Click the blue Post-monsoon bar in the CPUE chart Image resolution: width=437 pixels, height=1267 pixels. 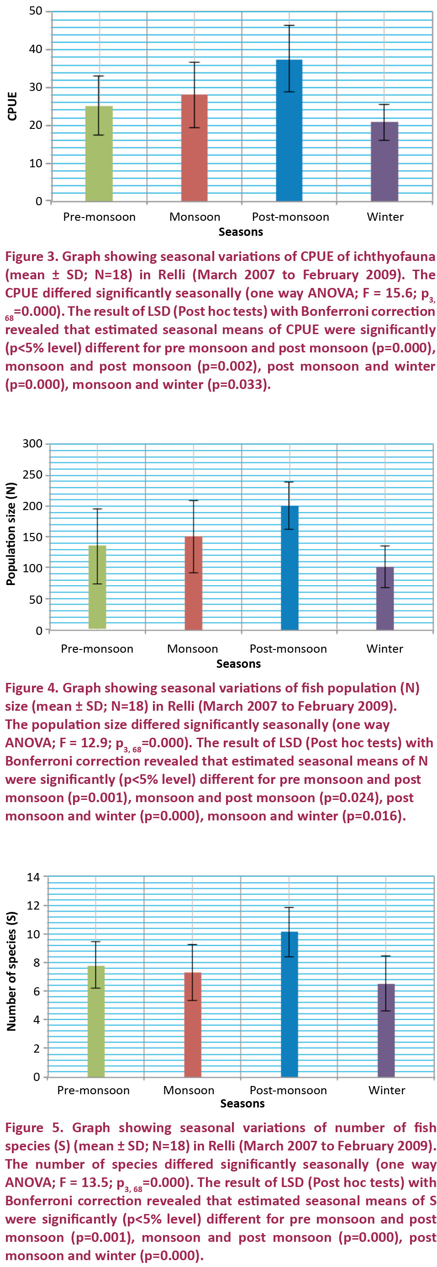(x=289, y=148)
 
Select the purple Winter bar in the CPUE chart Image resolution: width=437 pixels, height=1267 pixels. (x=384, y=167)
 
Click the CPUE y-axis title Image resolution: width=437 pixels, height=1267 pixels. (x=12, y=106)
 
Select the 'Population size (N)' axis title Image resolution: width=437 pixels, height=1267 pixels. (x=11, y=534)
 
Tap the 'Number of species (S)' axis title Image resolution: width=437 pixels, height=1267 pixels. (x=11, y=971)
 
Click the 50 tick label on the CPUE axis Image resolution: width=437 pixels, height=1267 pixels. (x=36, y=11)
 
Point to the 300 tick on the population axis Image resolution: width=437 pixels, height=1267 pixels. (x=32, y=444)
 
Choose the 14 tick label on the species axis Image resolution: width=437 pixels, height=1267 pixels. (x=33, y=878)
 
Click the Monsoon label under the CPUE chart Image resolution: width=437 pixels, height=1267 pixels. (x=195, y=217)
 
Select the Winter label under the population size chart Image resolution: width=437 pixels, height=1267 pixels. (x=384, y=649)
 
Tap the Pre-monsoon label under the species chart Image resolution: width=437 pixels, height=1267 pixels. (x=94, y=1091)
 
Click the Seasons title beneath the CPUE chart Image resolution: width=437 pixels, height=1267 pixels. (x=240, y=232)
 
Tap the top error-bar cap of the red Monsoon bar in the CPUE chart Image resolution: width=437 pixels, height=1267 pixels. (x=194, y=63)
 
